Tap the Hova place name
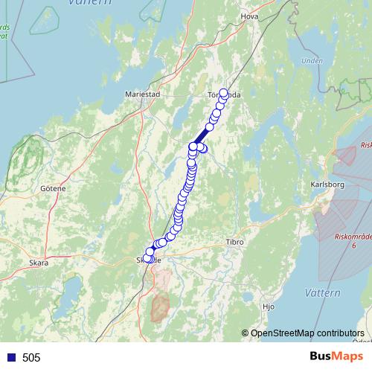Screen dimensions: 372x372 [249, 14]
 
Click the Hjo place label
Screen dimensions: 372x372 [269, 306]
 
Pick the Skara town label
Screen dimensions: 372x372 [38, 263]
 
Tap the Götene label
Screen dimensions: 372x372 [53, 188]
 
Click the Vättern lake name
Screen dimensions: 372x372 [323, 292]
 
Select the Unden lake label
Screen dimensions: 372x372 [312, 61]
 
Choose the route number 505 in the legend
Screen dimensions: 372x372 [31, 358]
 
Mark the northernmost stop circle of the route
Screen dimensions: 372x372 [223, 93]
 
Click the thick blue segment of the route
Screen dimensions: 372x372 [201, 136]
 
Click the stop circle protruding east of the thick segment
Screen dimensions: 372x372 [203, 148]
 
